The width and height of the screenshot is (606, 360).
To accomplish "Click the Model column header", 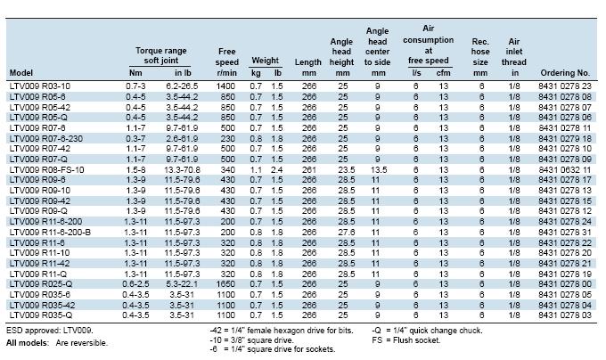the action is click(x=20, y=72).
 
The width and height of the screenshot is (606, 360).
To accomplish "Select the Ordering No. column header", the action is click(x=565, y=72).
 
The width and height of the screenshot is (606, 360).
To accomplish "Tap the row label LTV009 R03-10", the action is click(x=40, y=86).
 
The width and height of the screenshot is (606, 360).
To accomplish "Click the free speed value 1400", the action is click(x=225, y=86).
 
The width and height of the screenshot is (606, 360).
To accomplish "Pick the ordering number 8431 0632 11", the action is click(x=565, y=170).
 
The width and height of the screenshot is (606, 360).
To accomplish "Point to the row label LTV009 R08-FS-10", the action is click(x=46, y=170).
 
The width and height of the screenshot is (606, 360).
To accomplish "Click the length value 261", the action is click(x=309, y=170).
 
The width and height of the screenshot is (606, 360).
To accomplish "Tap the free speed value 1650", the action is click(x=225, y=284).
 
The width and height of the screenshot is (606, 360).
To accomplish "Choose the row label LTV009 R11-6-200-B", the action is click(x=50, y=233).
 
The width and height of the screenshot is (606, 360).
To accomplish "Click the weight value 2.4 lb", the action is click(x=277, y=170).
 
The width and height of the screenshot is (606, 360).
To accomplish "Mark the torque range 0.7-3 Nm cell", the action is click(x=135, y=86).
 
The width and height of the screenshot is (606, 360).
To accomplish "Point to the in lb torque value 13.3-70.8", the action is click(x=182, y=170).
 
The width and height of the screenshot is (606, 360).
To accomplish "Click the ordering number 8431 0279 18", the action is click(x=565, y=139).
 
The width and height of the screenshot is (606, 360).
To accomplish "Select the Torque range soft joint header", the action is click(x=160, y=55).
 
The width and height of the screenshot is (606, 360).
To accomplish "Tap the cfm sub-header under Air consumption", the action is click(x=443, y=73).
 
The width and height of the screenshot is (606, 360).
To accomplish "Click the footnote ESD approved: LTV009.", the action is click(x=50, y=331).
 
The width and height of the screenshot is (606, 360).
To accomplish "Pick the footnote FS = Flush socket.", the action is click(x=406, y=340).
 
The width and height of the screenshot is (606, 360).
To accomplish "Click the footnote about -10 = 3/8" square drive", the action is click(x=251, y=340).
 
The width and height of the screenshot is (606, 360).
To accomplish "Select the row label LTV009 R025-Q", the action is click(x=41, y=284).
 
